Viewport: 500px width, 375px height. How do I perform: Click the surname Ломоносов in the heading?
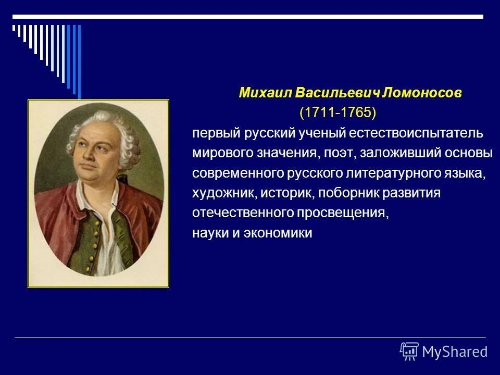point(421,93)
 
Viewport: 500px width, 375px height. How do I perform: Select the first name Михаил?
point(265,93)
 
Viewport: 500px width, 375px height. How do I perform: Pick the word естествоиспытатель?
point(416,133)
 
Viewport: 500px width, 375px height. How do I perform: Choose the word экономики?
point(278,233)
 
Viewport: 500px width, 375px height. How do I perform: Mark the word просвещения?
point(343,213)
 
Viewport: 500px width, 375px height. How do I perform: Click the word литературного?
point(394,173)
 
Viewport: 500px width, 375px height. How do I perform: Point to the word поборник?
point(348,193)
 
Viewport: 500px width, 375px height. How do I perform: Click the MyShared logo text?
point(455,352)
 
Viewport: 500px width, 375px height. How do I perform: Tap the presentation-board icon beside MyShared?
point(409,352)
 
